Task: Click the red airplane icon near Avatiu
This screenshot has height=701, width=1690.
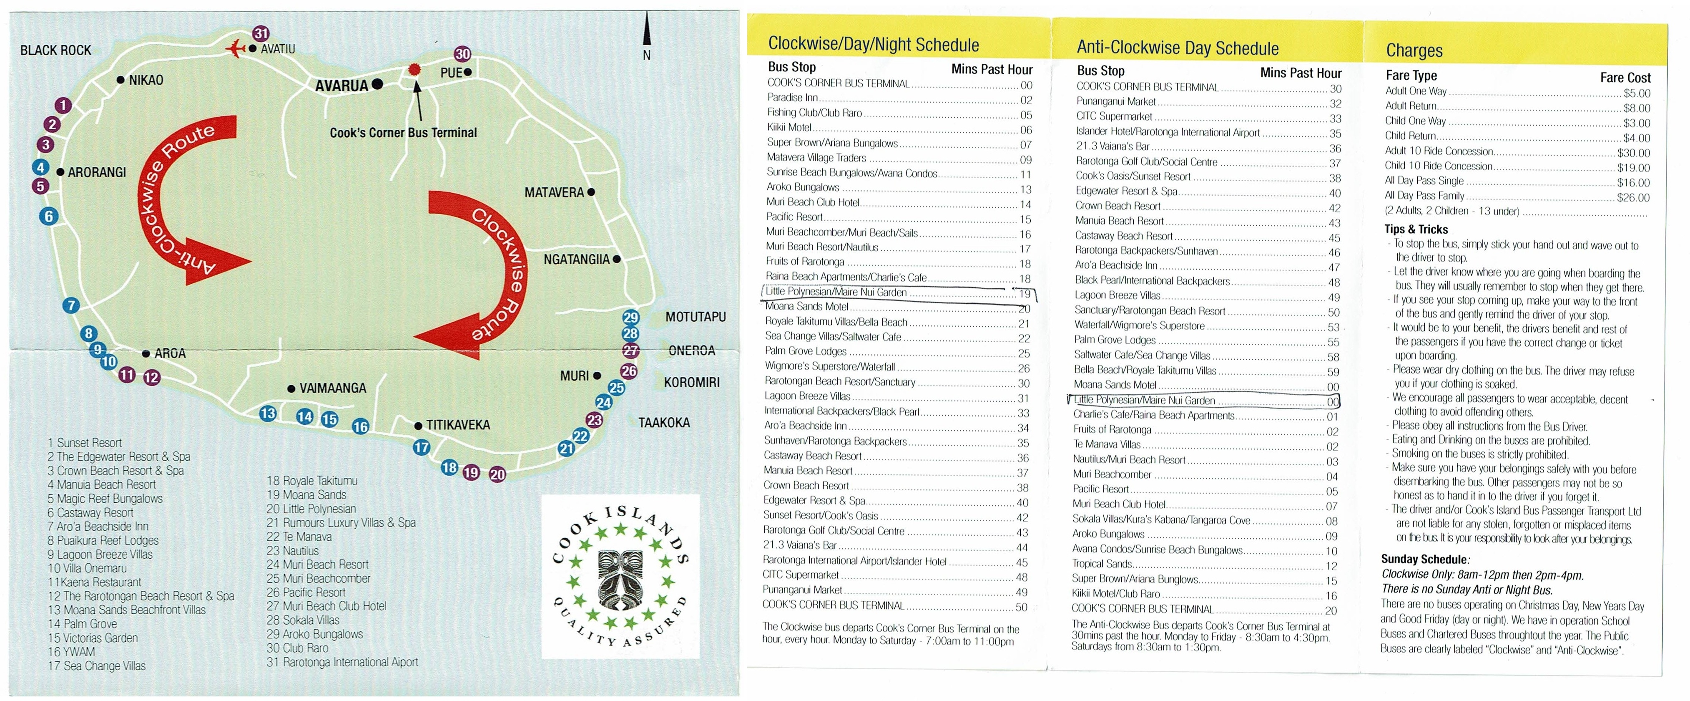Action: coord(234,48)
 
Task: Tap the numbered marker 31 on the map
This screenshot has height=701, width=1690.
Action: coord(261,33)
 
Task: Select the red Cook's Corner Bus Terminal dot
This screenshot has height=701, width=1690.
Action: coord(414,70)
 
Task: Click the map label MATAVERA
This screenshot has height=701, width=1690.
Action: coord(554,192)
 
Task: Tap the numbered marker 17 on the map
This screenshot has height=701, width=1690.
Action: coord(421,448)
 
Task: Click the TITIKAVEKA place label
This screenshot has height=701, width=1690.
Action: coord(458,425)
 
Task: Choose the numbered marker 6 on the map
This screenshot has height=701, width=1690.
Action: coord(48,216)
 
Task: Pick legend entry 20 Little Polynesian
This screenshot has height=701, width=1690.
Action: coord(311,509)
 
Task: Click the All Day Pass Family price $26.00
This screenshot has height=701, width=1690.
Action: coord(1632,197)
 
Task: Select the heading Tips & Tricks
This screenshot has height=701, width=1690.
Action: coord(1416,229)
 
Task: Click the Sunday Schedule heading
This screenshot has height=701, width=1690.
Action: coord(1424,559)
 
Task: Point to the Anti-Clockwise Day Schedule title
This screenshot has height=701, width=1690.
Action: coord(1177,48)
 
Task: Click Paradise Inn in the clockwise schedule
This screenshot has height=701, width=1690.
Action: coord(793,98)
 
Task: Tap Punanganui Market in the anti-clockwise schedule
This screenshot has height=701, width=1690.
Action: coord(1115,102)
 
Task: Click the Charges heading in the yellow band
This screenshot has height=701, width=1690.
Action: coord(1414,50)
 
